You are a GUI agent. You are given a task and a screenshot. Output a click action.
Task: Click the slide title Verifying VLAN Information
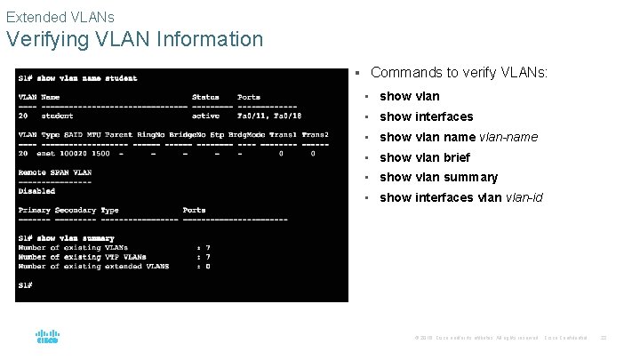pos(134,40)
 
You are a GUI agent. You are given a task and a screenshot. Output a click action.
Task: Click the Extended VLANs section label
pos(60,16)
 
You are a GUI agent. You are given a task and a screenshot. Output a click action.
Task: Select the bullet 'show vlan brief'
pos(425,157)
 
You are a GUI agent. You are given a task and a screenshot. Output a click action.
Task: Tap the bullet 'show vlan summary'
pos(438,177)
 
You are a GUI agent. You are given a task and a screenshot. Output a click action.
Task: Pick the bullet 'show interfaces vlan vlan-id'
pos(461,197)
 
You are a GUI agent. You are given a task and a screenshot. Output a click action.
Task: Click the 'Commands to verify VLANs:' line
pos(459,72)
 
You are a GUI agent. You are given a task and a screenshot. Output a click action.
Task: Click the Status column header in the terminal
pos(205,97)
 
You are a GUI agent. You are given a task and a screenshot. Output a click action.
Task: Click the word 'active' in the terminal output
pos(205,116)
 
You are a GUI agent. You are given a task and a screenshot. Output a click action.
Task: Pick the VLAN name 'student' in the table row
pos(58,116)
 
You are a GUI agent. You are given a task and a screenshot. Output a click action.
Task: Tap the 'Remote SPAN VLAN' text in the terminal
pos(55,172)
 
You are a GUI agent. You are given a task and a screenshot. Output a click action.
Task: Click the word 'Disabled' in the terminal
pos(36,191)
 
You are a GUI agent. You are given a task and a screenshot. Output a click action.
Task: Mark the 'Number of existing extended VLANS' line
pos(93,266)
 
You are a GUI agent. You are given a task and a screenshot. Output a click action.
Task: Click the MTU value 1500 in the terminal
pos(100,153)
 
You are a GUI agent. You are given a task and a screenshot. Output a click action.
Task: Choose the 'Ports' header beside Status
pos(249,97)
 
